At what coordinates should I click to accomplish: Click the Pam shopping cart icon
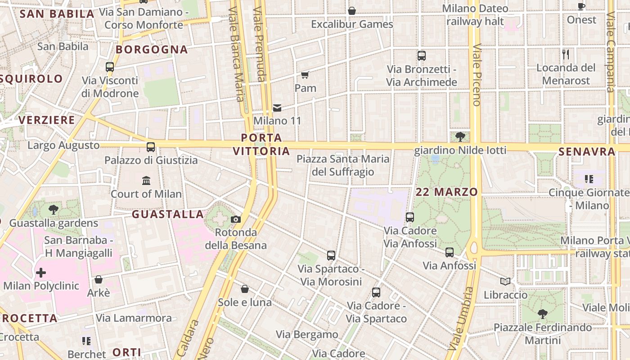point(305,75)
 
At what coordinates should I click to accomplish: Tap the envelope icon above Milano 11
point(277,108)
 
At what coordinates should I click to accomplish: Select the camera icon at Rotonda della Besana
point(235,220)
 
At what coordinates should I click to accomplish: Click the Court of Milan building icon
point(146,181)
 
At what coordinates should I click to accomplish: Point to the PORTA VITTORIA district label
point(261,144)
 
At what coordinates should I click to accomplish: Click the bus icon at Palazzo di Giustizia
point(151,147)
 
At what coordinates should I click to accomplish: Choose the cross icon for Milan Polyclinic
point(41,273)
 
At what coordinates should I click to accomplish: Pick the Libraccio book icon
point(505,282)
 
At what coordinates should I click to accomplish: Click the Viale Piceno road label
point(477,75)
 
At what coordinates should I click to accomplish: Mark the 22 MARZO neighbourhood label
point(446,192)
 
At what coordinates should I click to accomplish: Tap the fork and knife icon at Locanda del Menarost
point(566,54)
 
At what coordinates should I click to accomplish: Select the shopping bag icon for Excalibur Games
point(352,11)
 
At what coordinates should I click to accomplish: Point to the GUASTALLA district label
point(168,214)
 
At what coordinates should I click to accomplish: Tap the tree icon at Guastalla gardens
point(54,209)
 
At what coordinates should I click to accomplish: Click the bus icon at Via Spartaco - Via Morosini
point(331,256)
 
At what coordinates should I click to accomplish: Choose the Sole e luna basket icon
point(245,289)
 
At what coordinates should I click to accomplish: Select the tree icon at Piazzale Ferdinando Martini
point(543,314)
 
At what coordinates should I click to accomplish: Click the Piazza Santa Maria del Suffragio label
point(343,165)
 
